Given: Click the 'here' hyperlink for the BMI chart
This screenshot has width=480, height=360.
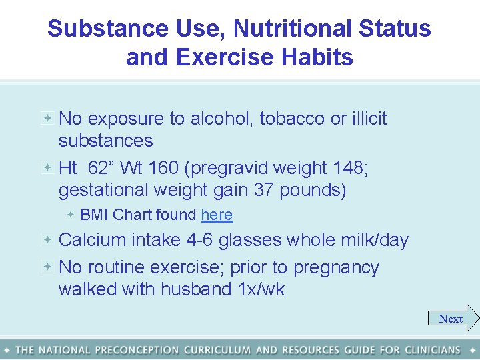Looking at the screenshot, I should pyautogui.click(x=217, y=215).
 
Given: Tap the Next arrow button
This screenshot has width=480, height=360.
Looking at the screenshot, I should pyautogui.click(x=453, y=319).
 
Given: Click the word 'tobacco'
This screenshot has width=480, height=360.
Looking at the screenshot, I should pyautogui.click(x=292, y=119).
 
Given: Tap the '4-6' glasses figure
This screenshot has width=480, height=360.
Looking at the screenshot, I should pyautogui.click(x=195, y=240).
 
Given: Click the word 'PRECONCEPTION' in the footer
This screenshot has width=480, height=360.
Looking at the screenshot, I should pyautogui.click(x=137, y=350).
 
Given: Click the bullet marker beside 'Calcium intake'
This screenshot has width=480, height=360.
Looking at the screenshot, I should pyautogui.click(x=48, y=239).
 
